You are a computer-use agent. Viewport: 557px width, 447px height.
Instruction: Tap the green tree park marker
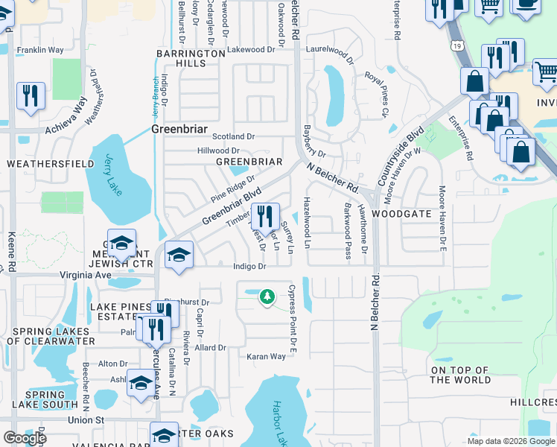[x=267, y=297]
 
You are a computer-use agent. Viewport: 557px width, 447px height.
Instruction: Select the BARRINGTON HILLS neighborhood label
[x=191, y=59]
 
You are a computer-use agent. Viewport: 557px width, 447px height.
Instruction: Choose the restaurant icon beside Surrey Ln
[x=265, y=217]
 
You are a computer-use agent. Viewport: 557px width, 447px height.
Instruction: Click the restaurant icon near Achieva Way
[x=31, y=95]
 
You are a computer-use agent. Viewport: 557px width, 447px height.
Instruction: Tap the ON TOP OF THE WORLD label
[x=460, y=375]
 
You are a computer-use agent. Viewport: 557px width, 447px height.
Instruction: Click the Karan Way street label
[x=267, y=357]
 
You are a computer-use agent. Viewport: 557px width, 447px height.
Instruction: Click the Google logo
[x=25, y=438]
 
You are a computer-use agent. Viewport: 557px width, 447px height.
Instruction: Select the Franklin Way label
[x=40, y=50]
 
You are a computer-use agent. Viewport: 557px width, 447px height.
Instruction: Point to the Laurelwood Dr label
[x=328, y=51]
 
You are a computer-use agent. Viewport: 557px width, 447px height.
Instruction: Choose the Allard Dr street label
[x=211, y=348]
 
